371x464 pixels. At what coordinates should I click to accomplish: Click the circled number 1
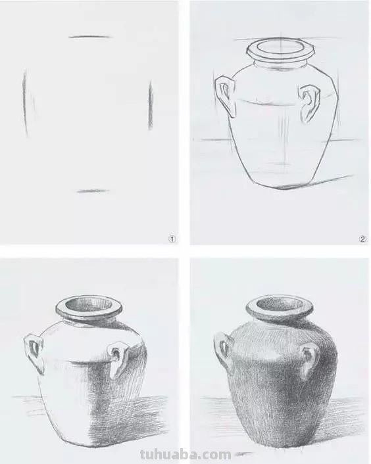172,239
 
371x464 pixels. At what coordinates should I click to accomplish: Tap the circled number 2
362,239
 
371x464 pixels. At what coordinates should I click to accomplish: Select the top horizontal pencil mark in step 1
89,37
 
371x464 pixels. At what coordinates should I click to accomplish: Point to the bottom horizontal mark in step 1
93,191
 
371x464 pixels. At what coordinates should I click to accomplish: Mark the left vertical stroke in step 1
26,102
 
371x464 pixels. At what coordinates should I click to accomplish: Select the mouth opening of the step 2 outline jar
278,48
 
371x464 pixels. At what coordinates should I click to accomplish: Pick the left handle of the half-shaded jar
33,349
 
